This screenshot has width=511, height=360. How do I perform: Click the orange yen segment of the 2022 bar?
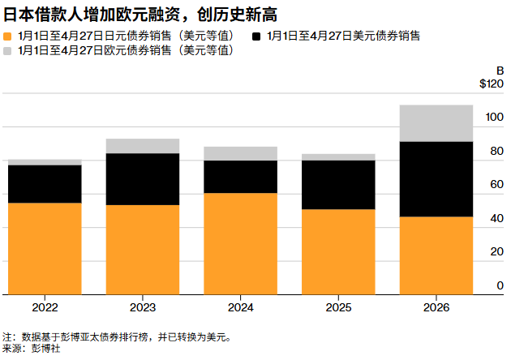coord(45,248)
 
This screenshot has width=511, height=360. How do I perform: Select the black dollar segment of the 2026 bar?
coord(436,179)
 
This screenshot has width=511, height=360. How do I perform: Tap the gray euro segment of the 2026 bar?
coord(436,123)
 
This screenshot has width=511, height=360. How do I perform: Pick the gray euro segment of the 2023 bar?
coord(143,146)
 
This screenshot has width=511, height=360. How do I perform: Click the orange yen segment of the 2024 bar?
coord(241,243)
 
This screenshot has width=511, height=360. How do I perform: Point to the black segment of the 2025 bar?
coord(338,185)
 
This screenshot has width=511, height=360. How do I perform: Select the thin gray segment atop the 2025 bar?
coord(338,157)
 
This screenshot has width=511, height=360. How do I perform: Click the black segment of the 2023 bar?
coord(143,179)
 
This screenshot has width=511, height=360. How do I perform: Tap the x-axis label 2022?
coord(45,308)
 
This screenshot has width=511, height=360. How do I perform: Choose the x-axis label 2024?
coord(241,308)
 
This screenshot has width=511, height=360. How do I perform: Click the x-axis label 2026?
coord(436,308)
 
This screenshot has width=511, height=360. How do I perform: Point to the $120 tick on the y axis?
coord(492,84)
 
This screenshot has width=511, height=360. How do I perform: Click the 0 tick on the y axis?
coord(500,286)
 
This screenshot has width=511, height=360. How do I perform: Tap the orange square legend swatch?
coord(8,36)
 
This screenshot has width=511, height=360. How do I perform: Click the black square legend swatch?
coord(257,36)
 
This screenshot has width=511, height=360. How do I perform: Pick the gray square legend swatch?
coord(8,50)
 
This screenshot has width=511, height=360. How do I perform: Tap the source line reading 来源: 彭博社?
coord(32,349)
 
